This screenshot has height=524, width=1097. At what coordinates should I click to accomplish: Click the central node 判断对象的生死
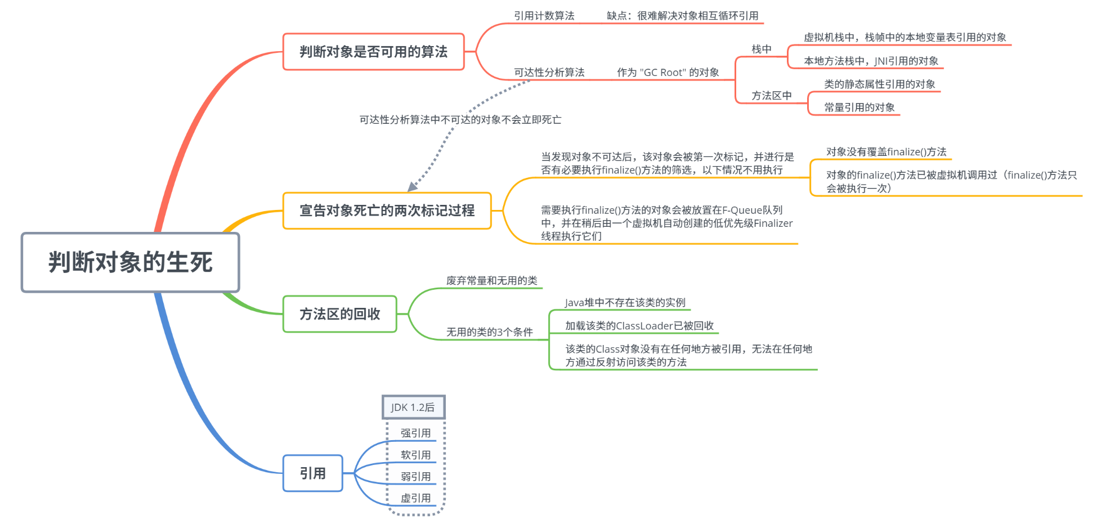point(130,262)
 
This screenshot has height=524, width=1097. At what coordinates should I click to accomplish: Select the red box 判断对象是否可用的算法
point(373,52)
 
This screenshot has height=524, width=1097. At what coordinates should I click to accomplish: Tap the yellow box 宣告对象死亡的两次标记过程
point(387,211)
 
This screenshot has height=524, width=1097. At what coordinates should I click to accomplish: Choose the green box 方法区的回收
point(339,314)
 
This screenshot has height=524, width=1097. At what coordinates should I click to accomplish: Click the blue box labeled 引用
point(312,473)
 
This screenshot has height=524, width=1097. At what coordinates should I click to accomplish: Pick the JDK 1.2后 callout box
point(413,407)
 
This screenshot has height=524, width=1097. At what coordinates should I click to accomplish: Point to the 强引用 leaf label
point(415,433)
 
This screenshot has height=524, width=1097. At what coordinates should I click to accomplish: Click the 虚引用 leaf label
point(415,498)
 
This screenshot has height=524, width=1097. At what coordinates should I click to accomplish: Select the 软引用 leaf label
point(415,455)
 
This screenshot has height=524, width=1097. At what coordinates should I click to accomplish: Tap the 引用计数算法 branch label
point(544,16)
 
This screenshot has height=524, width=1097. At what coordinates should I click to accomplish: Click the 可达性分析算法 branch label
point(549,72)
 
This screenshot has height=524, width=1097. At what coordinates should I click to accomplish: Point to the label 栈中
point(762,49)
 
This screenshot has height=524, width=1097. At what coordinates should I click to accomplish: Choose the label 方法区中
point(771,96)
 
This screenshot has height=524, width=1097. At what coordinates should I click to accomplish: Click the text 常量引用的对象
point(859,107)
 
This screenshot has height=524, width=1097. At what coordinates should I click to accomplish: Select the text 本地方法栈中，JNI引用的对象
point(871,61)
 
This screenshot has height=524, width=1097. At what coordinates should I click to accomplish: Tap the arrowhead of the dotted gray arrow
point(411,187)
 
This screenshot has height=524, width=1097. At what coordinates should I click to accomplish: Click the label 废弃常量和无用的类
point(491,280)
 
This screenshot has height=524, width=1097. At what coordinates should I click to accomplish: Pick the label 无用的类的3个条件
point(489,332)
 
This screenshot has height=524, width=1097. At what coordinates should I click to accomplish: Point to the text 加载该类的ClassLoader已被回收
point(639,325)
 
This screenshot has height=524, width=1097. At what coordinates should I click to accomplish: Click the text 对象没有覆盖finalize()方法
point(886,151)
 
